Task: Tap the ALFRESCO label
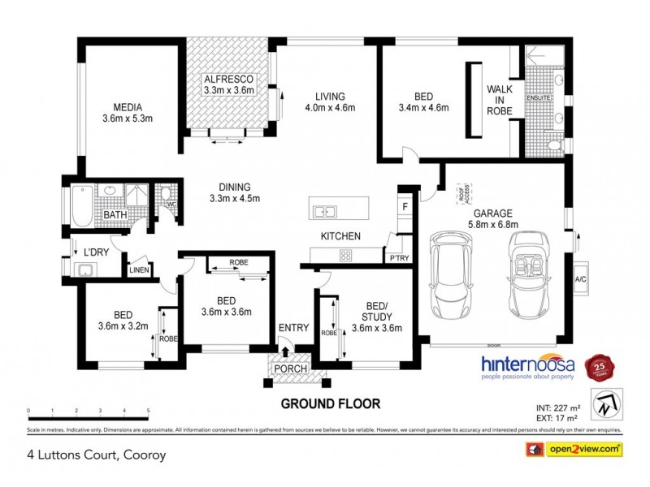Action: point(229,78)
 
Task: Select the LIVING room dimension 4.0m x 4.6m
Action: point(330,107)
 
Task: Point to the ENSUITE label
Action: point(539,98)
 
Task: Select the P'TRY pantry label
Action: point(399,257)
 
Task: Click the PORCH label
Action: point(291,369)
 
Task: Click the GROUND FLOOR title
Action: point(330,403)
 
